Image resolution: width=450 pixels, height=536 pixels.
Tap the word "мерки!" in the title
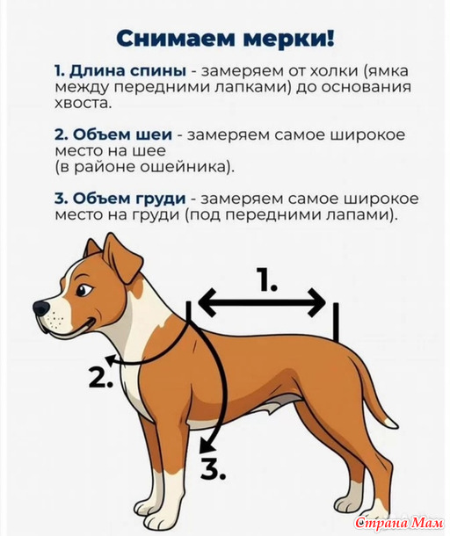click(x=288, y=39)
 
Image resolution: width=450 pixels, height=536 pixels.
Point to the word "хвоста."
click(x=83, y=103)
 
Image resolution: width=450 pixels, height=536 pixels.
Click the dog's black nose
click(x=41, y=308)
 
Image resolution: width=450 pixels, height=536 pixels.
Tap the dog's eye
click(x=83, y=290)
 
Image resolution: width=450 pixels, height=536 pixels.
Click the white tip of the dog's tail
click(x=390, y=424)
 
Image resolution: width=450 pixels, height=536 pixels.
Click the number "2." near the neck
click(x=101, y=377)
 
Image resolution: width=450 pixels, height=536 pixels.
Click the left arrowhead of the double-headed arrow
click(x=207, y=302)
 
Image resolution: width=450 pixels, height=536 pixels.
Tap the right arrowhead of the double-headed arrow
click(x=317, y=302)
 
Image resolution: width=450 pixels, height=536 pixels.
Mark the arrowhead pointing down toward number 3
click(x=207, y=446)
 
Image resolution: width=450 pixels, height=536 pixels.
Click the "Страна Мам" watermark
click(x=399, y=523)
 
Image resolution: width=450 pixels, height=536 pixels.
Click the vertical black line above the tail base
click(x=336, y=322)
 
